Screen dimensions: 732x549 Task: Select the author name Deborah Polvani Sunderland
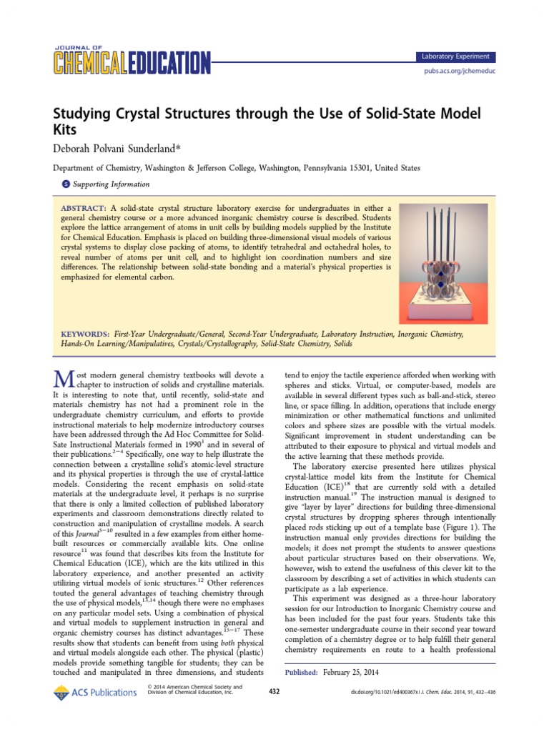pyautogui.click(x=132, y=148)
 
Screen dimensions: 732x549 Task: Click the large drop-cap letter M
pyautogui.click(x=63, y=382)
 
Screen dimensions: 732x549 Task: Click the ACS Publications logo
pyautogui.click(x=94, y=691)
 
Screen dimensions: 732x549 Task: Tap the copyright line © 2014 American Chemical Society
pyautogui.click(x=193, y=687)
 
